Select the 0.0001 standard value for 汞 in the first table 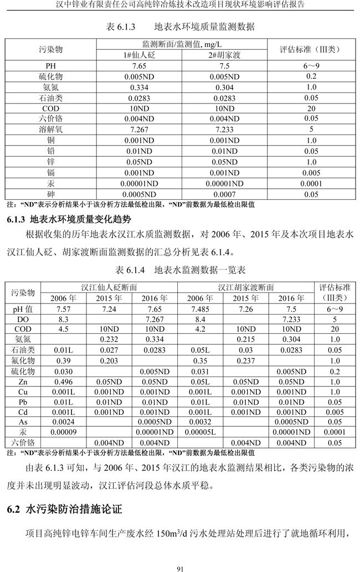pyautogui.click(x=311, y=184)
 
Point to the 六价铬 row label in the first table pyautogui.click(x=51, y=118)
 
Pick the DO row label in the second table pyautogui.click(x=23, y=319)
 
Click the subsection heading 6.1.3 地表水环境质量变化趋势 pyautogui.click(x=69, y=219)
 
